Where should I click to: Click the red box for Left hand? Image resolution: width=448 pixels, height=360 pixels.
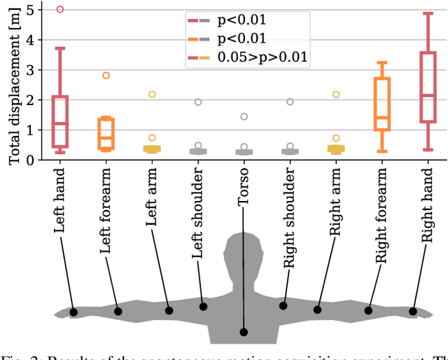tap(60, 121)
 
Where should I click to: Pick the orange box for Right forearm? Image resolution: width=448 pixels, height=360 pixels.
tap(381, 104)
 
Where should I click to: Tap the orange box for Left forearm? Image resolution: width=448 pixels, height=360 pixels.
tap(106, 133)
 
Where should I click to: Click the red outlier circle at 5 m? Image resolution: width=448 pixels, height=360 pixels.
tap(60, 10)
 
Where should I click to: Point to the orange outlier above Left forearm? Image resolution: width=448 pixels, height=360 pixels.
tap(106, 76)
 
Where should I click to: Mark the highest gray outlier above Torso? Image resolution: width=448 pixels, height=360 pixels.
tap(244, 117)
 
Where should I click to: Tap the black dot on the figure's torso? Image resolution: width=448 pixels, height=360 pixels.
tap(244, 332)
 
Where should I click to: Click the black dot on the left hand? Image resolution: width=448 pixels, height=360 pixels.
tap(73, 312)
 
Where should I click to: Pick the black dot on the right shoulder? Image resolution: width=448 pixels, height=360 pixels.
tap(283, 305)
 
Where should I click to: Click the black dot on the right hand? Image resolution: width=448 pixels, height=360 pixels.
tap(414, 312)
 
